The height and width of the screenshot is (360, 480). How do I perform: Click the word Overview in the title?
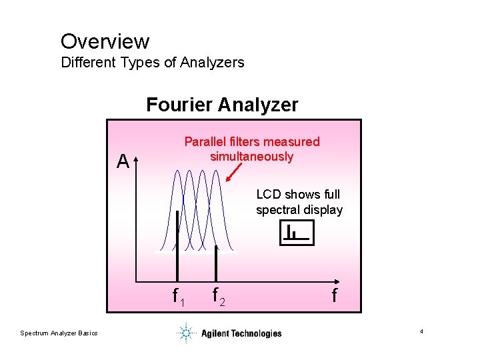(105, 41)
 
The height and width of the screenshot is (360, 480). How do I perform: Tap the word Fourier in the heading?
(179, 105)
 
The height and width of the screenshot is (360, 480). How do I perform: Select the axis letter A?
(122, 161)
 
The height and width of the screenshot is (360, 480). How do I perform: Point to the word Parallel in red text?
(205, 141)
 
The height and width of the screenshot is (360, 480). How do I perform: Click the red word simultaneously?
(251, 157)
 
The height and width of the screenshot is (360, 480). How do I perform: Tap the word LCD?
(269, 195)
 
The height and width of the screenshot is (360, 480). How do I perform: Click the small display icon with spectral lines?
(297, 233)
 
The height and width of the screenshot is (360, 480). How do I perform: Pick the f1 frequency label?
(178, 295)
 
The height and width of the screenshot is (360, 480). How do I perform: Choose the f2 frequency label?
(217, 295)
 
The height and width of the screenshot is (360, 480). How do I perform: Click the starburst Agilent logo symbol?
(186, 333)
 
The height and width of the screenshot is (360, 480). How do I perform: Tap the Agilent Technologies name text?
(241, 333)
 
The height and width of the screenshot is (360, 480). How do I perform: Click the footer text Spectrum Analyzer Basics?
(59, 333)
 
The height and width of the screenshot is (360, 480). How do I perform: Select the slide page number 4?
(422, 332)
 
